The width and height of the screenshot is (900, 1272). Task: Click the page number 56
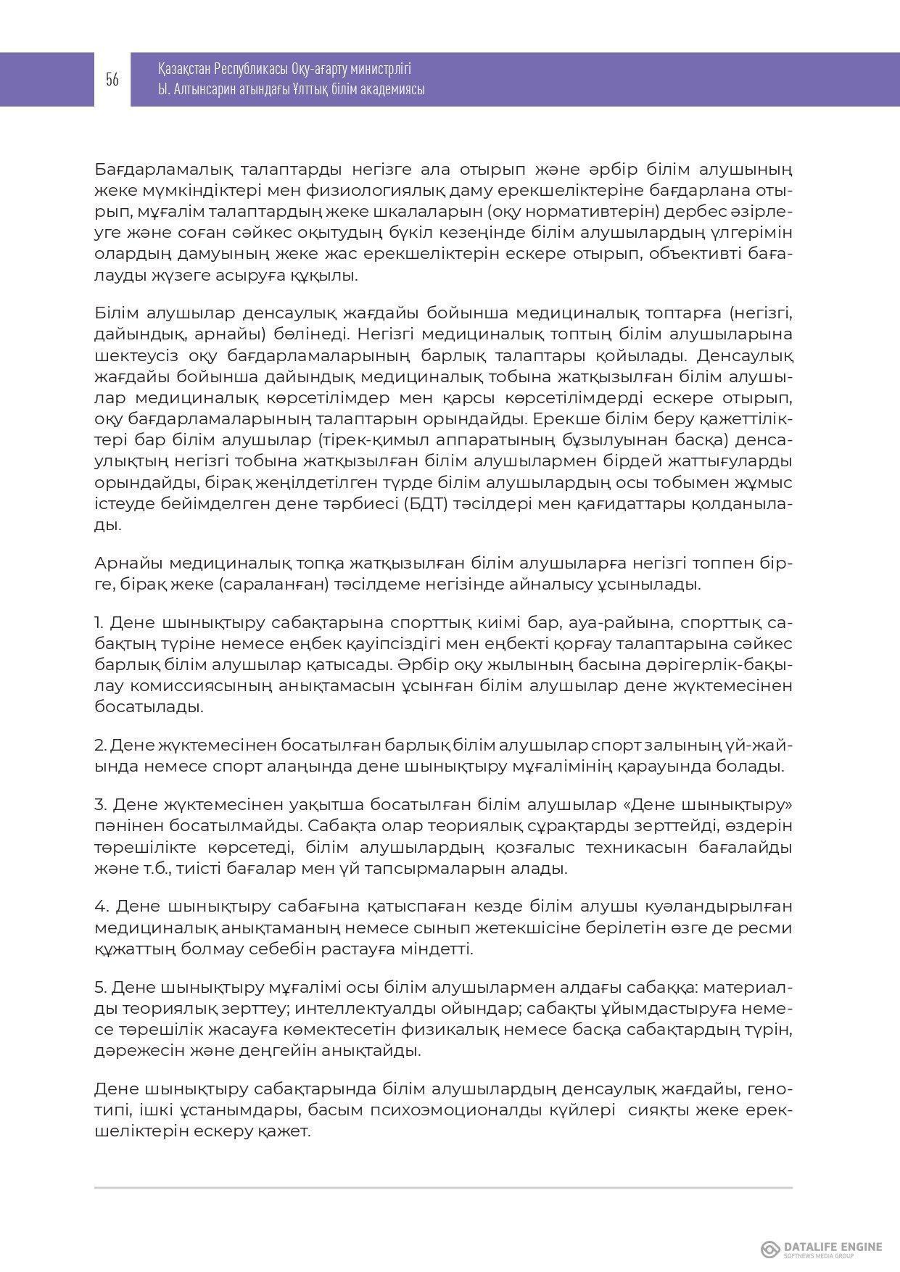coord(112,80)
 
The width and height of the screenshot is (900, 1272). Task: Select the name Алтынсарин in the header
coord(205,90)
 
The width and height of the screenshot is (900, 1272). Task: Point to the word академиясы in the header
coord(394,90)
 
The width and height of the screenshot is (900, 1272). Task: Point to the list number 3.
coord(101,804)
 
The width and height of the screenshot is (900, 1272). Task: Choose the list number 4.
coord(102,906)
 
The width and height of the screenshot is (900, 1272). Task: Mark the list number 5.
coord(101,987)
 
